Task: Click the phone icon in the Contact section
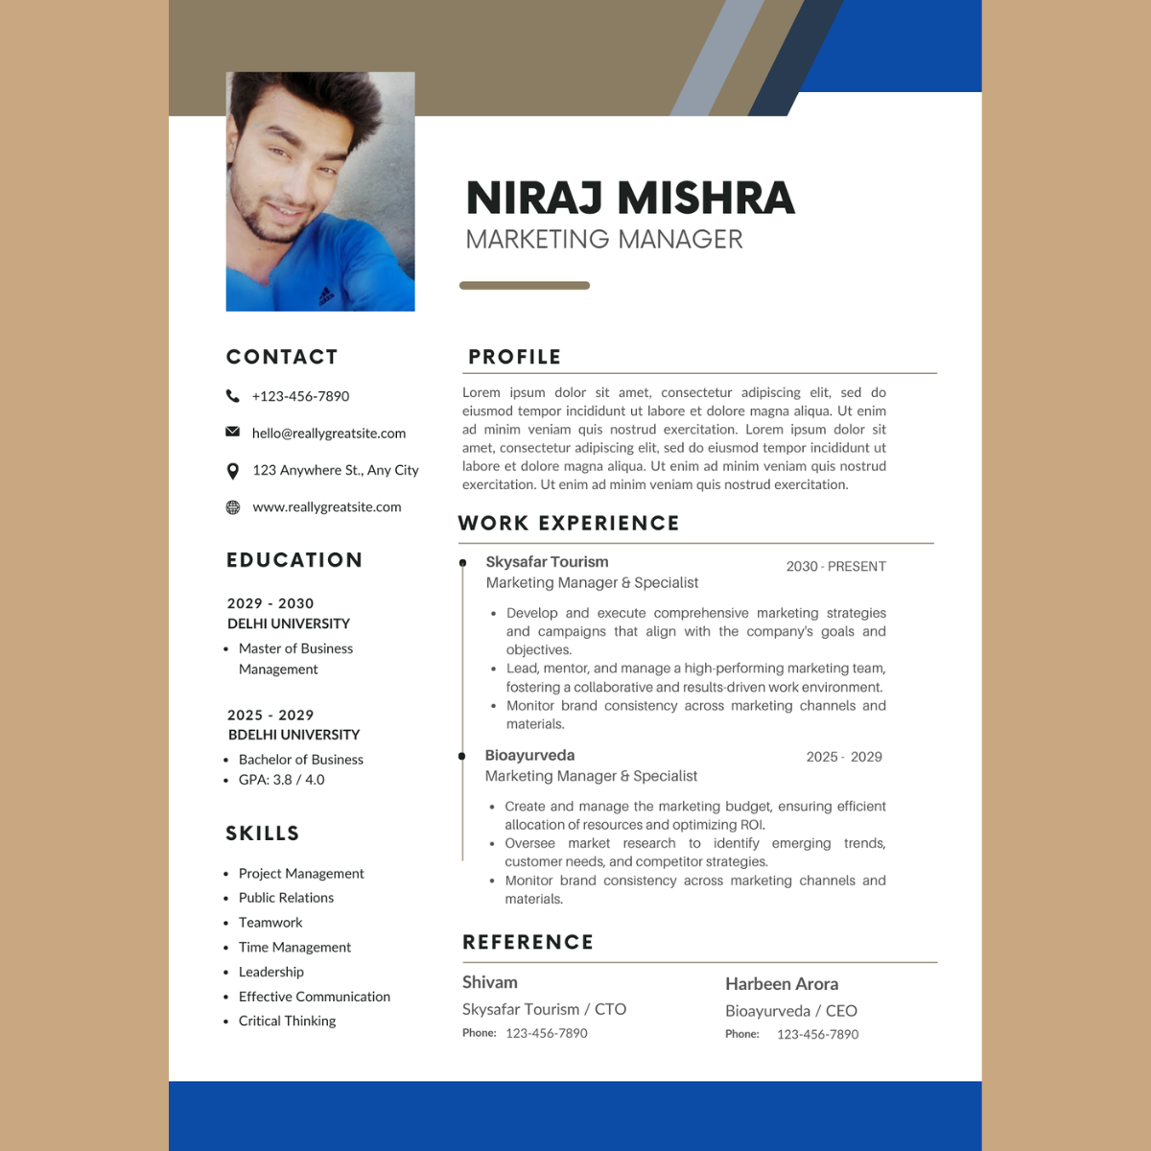(x=232, y=396)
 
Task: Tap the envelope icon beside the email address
(x=232, y=432)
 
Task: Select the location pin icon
(x=232, y=471)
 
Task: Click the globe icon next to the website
(x=232, y=507)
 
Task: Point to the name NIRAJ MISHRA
(x=630, y=198)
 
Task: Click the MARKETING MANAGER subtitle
(x=604, y=239)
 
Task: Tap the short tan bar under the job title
(x=525, y=285)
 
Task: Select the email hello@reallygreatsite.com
(x=329, y=434)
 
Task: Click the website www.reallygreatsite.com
(x=327, y=507)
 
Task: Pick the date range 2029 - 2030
(x=270, y=603)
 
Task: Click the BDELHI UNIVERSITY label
(x=294, y=735)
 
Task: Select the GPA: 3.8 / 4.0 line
(x=281, y=780)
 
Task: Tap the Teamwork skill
(x=270, y=923)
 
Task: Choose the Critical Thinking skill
(x=287, y=1022)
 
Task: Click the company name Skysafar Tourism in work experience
(x=547, y=562)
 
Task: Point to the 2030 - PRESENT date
(x=836, y=567)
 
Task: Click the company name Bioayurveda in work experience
(x=529, y=756)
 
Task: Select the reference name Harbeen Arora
(x=782, y=984)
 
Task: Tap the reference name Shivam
(x=490, y=983)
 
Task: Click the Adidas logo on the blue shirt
(x=327, y=294)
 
